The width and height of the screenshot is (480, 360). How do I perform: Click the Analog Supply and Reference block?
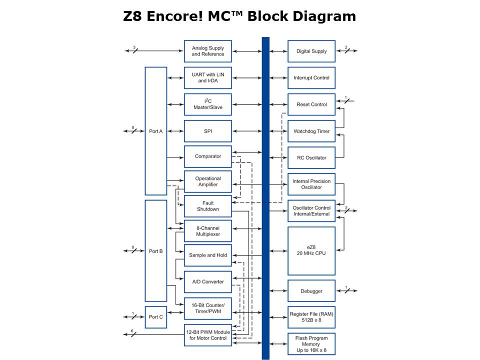click(x=207, y=51)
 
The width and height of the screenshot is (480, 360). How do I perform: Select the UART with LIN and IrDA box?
click(x=207, y=78)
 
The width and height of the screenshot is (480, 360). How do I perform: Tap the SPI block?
click(x=207, y=131)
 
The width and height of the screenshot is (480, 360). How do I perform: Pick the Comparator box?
click(x=207, y=156)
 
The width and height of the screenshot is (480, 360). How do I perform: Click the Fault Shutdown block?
click(x=207, y=206)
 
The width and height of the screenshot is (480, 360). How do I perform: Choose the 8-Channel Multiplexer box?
click(x=207, y=231)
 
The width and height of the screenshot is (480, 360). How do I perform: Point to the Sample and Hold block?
click(x=207, y=255)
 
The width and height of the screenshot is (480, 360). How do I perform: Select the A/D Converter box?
click(x=207, y=281)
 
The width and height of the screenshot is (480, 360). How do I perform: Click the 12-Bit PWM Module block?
click(x=207, y=335)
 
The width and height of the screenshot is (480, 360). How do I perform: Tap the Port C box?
click(x=156, y=317)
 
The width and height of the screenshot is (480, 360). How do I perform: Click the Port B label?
click(x=156, y=251)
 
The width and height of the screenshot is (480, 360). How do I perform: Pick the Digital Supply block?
click(x=311, y=51)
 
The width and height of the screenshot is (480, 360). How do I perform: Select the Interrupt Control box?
click(x=311, y=78)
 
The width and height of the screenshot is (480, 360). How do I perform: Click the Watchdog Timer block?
click(x=311, y=131)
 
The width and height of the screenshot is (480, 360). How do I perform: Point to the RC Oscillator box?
click(x=311, y=158)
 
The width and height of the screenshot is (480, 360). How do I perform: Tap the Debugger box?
click(x=311, y=291)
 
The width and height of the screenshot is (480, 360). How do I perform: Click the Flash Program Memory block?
click(x=311, y=344)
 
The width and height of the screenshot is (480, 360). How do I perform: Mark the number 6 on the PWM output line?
click(x=132, y=331)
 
